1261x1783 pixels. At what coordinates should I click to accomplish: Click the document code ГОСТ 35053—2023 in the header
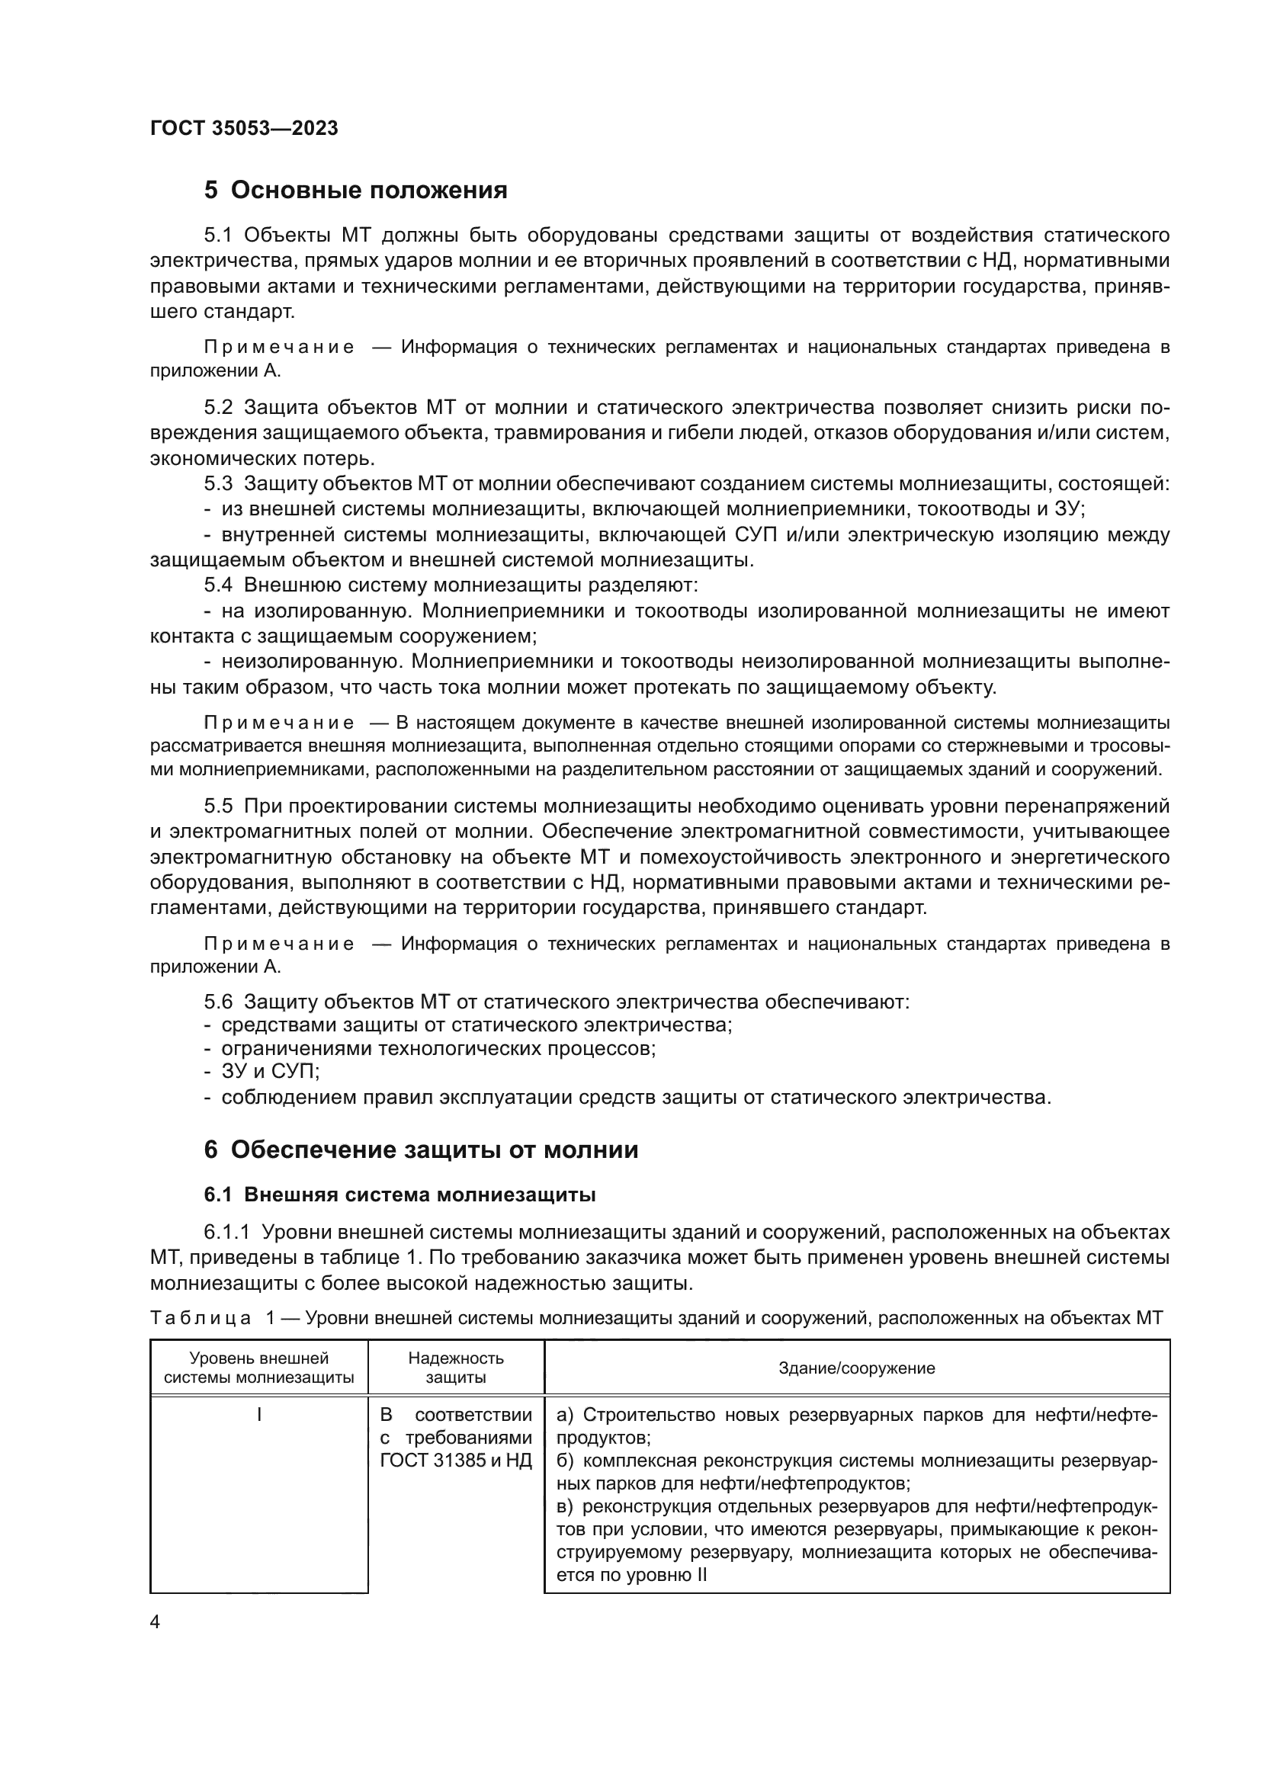[x=244, y=129]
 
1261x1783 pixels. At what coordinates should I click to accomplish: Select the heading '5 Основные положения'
[x=355, y=191]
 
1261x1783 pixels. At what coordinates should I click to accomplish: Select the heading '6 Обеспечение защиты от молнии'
[x=421, y=1150]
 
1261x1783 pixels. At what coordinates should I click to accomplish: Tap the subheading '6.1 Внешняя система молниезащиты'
[x=400, y=1195]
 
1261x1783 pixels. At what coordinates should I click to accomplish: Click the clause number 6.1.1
[x=226, y=1233]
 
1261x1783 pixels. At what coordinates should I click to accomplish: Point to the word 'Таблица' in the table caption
[x=201, y=1318]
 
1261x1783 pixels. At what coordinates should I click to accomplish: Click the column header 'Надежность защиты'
[x=456, y=1368]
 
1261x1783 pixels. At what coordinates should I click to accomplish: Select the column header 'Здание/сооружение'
[x=856, y=1368]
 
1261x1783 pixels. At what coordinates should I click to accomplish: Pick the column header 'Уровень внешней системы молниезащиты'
[x=258, y=1368]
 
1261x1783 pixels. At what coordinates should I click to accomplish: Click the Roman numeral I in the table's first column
[x=258, y=1415]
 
